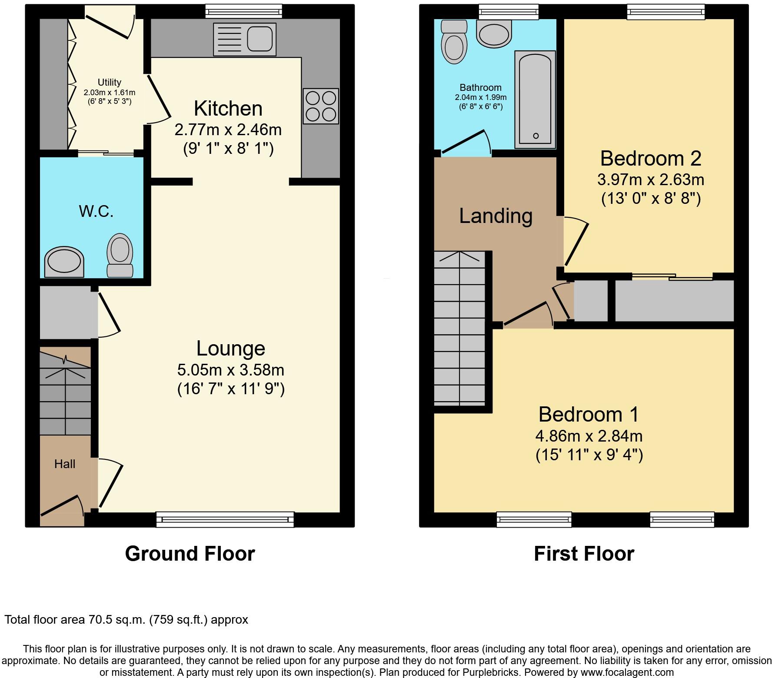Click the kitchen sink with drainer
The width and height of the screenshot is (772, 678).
pos(245,39)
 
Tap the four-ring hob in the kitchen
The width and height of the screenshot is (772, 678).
pos(321,106)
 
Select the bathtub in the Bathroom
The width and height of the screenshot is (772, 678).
pos(535,100)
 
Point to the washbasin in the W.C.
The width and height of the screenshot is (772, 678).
pos(64,262)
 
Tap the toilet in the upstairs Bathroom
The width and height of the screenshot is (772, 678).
pos(453,42)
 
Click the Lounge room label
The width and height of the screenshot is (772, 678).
pos(230,349)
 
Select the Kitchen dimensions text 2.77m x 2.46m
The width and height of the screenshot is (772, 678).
pos(228,130)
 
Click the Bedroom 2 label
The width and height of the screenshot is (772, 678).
pos(650,159)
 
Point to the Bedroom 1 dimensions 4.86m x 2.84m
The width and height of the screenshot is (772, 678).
pos(589,435)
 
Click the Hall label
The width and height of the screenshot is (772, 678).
pos(65,464)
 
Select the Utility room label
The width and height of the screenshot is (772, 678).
pos(109,82)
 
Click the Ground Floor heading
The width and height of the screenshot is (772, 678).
pos(190,554)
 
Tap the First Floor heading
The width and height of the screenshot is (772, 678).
pos(584,554)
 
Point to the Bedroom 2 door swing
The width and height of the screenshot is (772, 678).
pos(576,243)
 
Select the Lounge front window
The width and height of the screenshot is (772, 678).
pos(225,519)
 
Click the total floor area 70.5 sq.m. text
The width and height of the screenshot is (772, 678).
pos(126,619)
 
